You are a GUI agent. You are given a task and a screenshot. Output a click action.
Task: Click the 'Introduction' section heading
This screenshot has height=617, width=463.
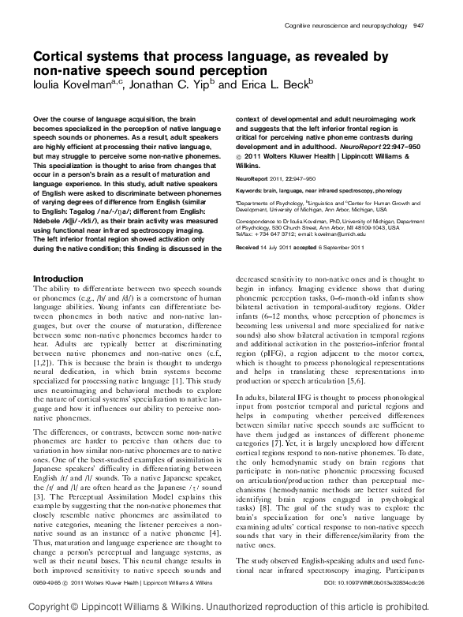click(61, 279)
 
